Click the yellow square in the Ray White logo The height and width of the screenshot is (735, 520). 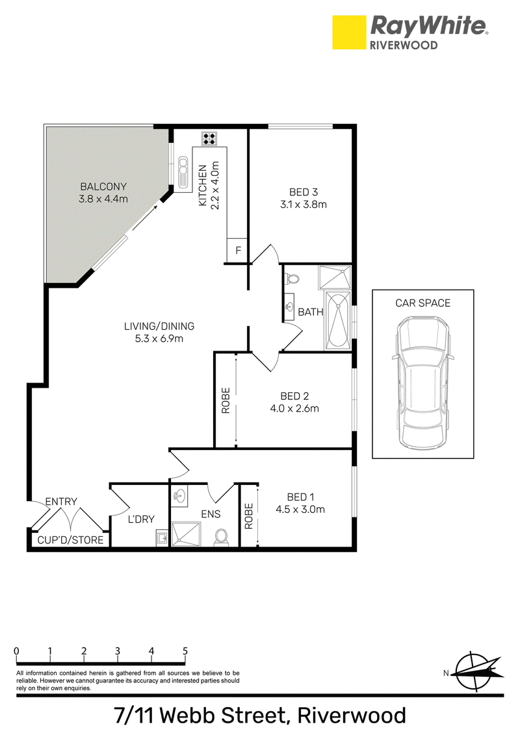click(x=349, y=32)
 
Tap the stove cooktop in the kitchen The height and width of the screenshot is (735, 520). click(x=209, y=138)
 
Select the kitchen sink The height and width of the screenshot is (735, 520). click(x=183, y=171)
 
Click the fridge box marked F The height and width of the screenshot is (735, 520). click(x=237, y=251)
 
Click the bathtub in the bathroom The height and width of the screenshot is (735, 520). click(x=337, y=319)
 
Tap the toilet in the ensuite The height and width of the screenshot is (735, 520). click(x=221, y=537)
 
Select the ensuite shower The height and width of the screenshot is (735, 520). click(x=186, y=534)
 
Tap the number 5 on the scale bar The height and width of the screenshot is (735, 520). click(x=185, y=651)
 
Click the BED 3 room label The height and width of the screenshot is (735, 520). click(x=304, y=192)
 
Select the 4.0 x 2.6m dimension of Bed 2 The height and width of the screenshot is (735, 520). click(x=294, y=409)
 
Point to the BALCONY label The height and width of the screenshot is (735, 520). click(x=103, y=186)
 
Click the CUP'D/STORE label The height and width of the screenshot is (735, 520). click(x=70, y=540)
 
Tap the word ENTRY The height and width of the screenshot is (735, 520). click(x=61, y=501)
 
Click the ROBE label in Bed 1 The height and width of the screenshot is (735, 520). click(x=249, y=516)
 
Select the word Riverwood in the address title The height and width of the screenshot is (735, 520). click(x=352, y=716)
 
